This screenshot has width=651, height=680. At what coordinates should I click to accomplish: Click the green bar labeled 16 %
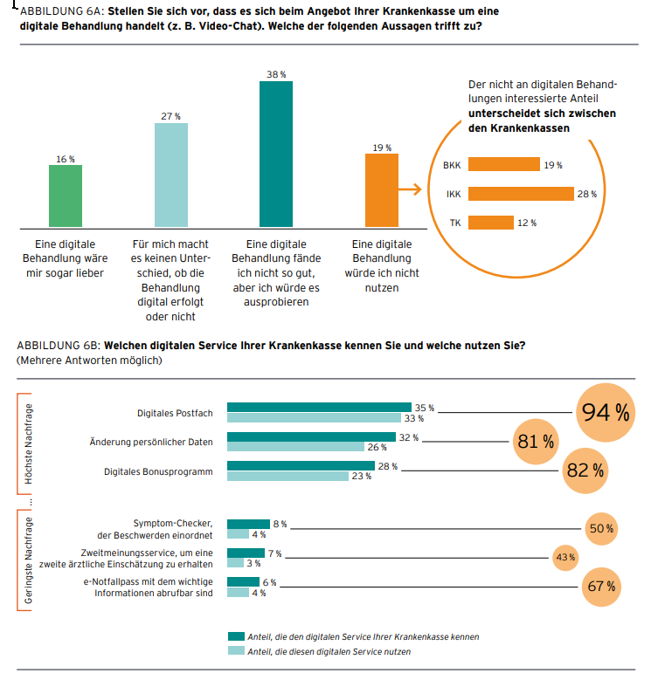[x=66, y=196]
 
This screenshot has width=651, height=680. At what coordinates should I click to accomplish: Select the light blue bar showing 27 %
[x=171, y=175]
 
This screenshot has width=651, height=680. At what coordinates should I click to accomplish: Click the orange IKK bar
[x=521, y=194]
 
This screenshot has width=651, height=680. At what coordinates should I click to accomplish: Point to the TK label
[x=455, y=223]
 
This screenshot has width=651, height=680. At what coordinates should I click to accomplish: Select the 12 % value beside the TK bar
[x=527, y=223]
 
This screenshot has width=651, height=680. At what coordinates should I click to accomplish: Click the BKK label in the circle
[x=452, y=165]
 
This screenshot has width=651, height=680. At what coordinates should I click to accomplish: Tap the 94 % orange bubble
[x=606, y=413]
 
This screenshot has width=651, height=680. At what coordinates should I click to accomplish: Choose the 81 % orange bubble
[x=536, y=442]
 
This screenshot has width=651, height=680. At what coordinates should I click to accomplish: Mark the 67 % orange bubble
[x=601, y=587]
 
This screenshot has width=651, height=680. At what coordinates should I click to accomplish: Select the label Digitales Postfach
[x=175, y=413]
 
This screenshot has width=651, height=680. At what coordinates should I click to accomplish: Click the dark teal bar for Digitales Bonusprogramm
[x=301, y=466]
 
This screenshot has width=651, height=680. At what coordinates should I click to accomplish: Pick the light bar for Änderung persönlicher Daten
[x=295, y=447]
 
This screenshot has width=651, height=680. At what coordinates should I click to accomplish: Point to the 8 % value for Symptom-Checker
[x=280, y=525]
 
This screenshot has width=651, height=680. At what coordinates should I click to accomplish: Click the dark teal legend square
[x=235, y=636]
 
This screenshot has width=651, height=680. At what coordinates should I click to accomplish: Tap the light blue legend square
[x=235, y=651]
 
